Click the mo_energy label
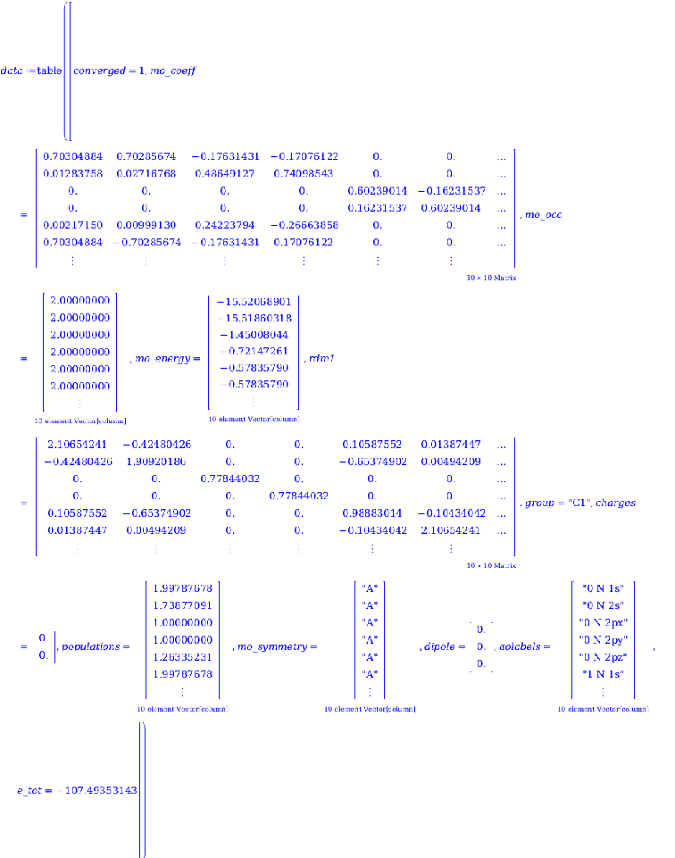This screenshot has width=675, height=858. coord(167,359)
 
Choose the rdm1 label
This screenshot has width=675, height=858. coord(318,359)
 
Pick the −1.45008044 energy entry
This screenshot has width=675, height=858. coord(254,335)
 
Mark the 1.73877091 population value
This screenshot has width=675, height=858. coord(182,604)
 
